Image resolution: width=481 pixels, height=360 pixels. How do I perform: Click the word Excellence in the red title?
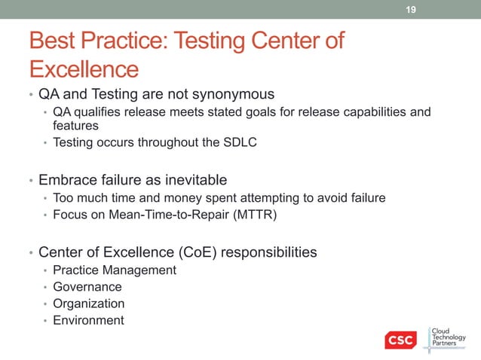click(x=84, y=69)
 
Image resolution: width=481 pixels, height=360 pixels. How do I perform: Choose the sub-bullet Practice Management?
click(x=115, y=270)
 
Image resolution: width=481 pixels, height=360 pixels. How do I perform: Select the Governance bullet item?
click(x=87, y=286)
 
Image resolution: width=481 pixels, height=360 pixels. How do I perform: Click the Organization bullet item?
click(x=88, y=303)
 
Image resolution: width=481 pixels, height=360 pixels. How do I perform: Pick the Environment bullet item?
click(x=88, y=319)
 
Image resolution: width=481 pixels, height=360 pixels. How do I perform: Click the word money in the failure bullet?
click(x=169, y=197)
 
